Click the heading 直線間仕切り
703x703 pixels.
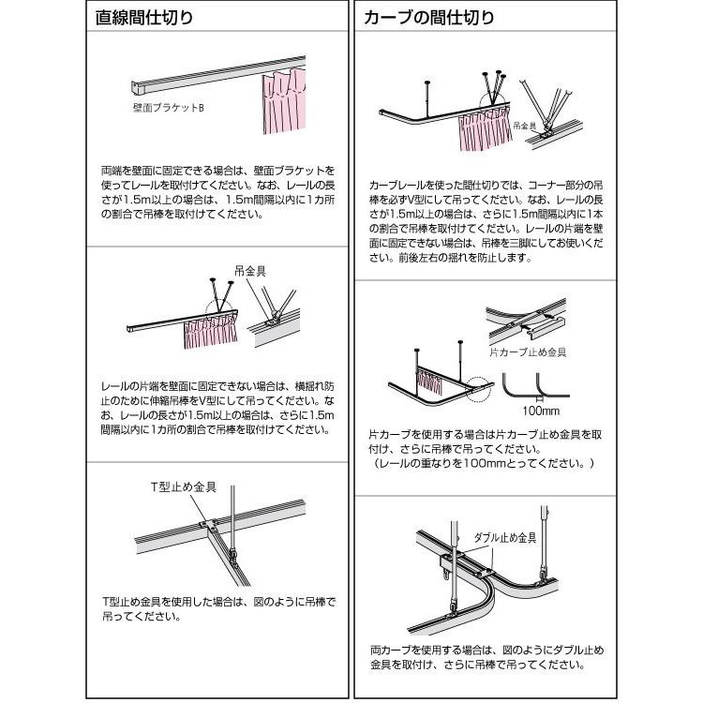click(x=144, y=18)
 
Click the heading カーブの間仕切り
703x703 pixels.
click(x=428, y=18)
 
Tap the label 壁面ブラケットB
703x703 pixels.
click(x=169, y=108)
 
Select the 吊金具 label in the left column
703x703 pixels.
click(x=250, y=271)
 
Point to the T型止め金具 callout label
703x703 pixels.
click(x=184, y=486)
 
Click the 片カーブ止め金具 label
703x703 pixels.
click(x=528, y=352)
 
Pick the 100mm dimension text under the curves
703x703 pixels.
click(x=541, y=411)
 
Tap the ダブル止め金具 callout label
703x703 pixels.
click(x=505, y=538)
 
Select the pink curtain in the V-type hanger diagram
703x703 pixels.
click(x=210, y=331)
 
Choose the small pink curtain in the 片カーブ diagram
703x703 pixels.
click(x=428, y=381)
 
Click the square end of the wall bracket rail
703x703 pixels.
click(x=138, y=87)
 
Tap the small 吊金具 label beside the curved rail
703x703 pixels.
click(x=525, y=126)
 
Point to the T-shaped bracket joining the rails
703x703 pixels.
click(x=208, y=525)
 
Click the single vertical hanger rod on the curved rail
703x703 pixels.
click(x=426, y=99)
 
